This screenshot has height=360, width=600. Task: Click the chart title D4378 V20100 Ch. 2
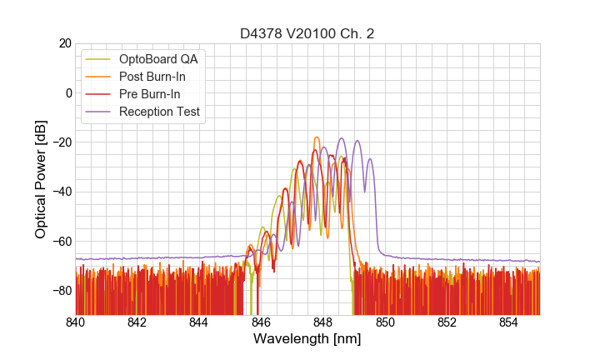pos(307,33)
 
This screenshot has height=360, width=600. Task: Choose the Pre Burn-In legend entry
pos(149,94)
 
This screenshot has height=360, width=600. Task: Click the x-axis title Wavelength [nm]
pos(307,340)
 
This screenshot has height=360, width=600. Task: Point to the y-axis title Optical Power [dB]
pos(41,179)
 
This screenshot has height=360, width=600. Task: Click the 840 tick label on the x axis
pos(76,322)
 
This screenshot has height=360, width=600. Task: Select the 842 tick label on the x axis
pos(137,322)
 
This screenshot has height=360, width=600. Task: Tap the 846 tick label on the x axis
pos(261,322)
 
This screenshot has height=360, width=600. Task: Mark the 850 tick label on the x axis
pos(385,322)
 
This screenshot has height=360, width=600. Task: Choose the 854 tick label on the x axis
pos(508,322)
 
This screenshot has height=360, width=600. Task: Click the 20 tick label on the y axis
pos(63,43)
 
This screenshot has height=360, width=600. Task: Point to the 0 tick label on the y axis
pos(67,92)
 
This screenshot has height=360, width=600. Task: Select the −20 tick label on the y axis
pos(60,142)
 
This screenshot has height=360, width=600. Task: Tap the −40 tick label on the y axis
pos(60,192)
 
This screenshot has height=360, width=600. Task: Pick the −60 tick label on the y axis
pos(60,242)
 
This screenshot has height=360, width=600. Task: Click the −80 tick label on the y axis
pos(60,291)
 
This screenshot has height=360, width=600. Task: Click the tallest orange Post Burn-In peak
pos(317,138)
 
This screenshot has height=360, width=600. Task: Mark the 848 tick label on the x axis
pos(323,322)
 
